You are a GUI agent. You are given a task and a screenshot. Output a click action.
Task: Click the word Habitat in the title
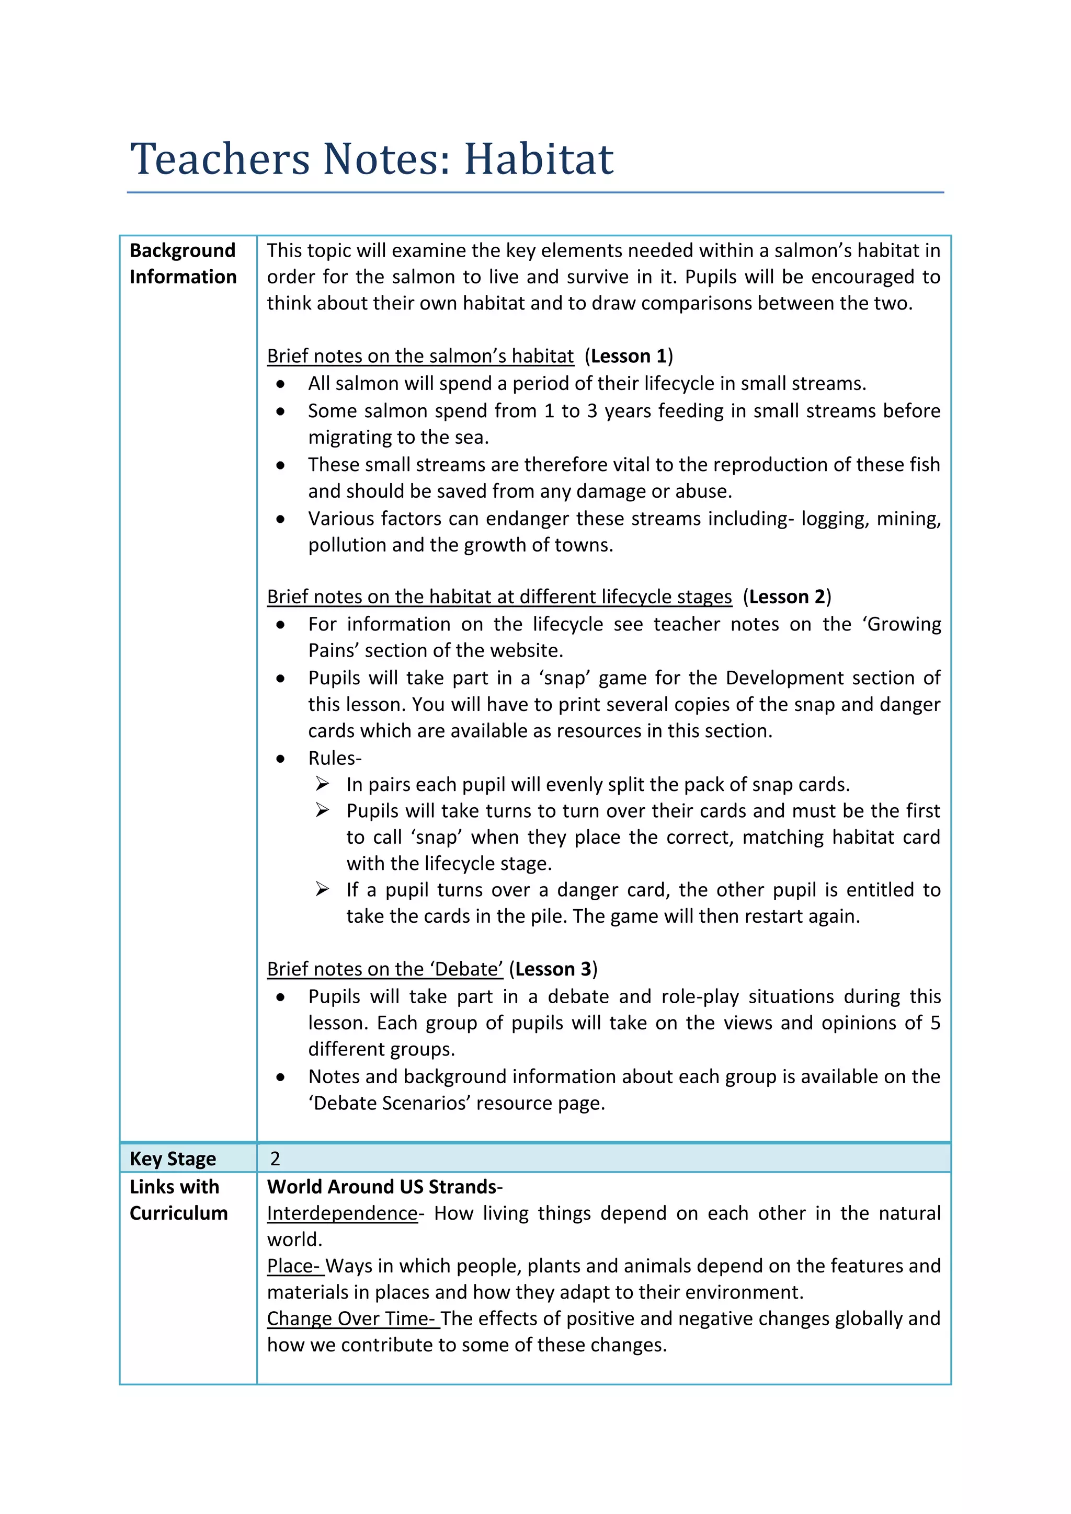(538, 159)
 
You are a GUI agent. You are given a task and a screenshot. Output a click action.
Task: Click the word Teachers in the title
(220, 159)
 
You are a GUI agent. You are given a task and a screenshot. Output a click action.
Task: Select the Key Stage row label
(173, 1159)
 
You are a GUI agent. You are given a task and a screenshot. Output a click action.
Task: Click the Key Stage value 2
(275, 1159)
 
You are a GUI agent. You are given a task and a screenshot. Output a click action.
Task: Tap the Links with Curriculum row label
(178, 1200)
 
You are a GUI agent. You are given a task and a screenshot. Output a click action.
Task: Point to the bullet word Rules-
(334, 759)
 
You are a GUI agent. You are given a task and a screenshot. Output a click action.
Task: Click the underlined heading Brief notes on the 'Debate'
(384, 969)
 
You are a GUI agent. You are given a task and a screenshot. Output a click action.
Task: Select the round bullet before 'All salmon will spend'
(281, 384)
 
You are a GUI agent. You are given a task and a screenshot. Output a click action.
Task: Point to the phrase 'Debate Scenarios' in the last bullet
(389, 1103)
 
